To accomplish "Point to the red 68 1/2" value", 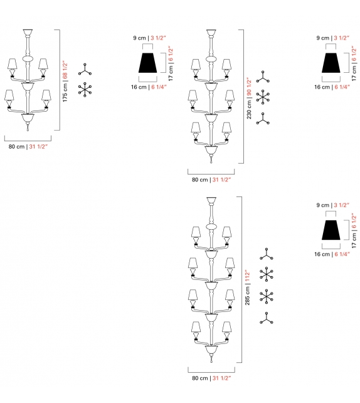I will (x=65, y=65).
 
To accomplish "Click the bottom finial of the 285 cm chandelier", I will (x=211, y=362).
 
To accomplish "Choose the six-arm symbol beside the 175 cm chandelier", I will (x=85, y=90).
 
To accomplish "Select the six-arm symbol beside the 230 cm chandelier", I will (x=263, y=97).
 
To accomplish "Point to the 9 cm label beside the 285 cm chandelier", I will (x=322, y=205).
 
